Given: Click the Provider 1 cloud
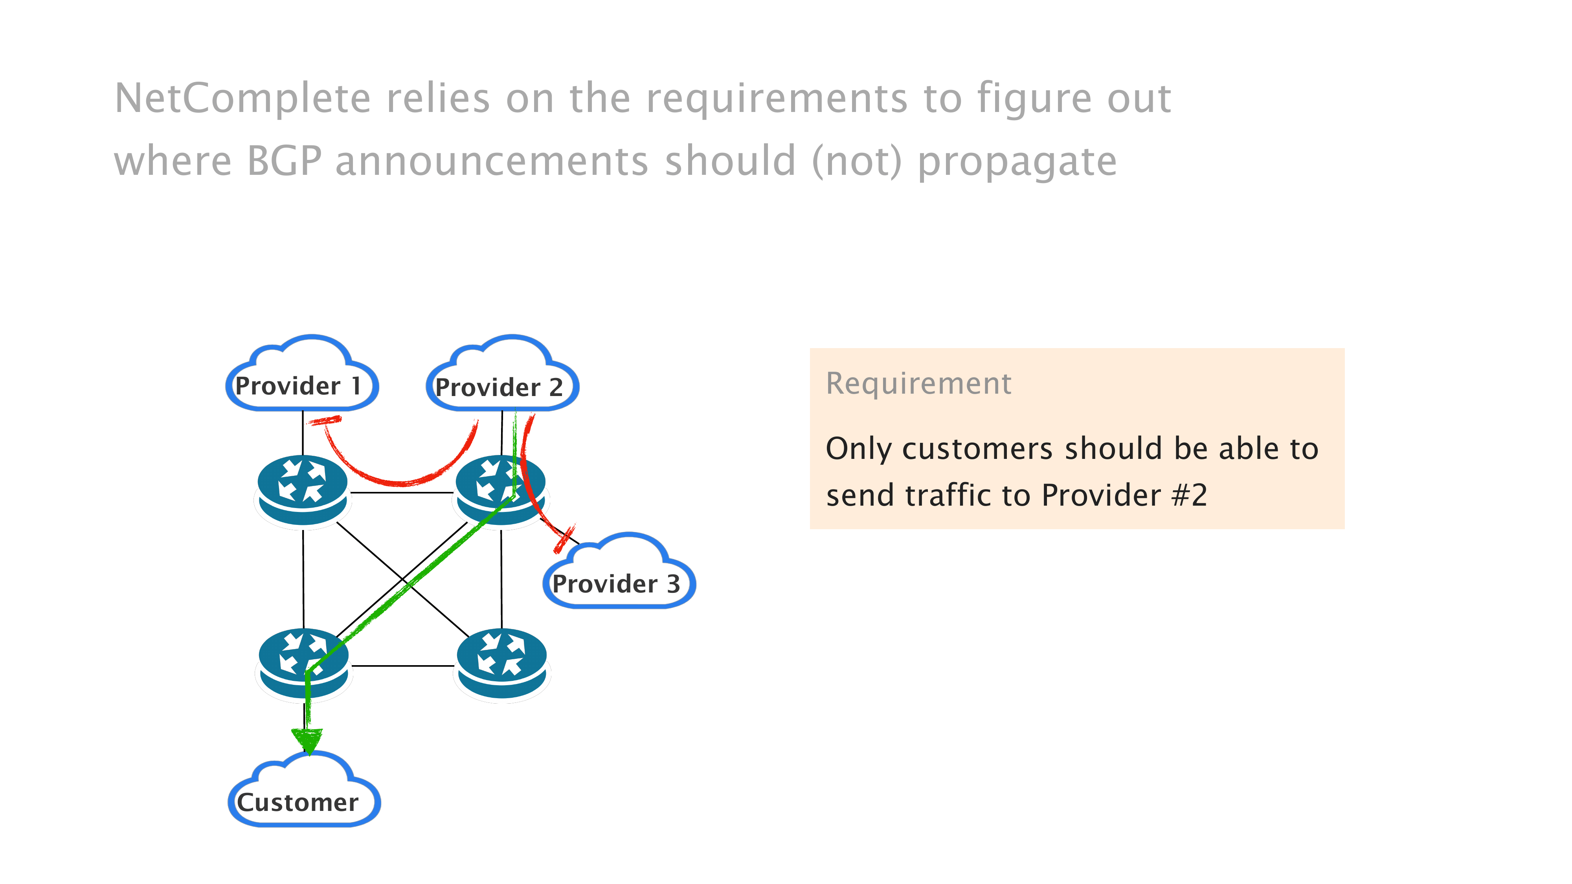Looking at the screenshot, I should (302, 375).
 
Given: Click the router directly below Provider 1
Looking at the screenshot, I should (302, 490).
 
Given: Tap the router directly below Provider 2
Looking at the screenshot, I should (500, 490).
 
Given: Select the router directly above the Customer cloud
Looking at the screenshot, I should (303, 663).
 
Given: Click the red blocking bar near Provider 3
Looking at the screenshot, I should (564, 539).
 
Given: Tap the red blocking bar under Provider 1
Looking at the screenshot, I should (324, 420).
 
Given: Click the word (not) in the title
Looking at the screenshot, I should (856, 161).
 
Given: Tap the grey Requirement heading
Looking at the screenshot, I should (918, 384).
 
